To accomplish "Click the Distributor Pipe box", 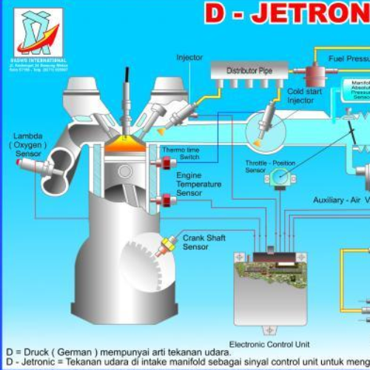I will coord(249,71).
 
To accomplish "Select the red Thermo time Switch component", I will coord(166,162).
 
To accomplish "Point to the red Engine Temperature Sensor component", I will coord(166,199).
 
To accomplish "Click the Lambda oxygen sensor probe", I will coord(33,167).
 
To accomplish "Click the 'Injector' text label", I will coord(189,58).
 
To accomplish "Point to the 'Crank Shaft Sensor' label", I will coord(203,242).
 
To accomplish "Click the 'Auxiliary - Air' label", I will coord(341,201).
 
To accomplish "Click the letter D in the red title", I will coord(214,12).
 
